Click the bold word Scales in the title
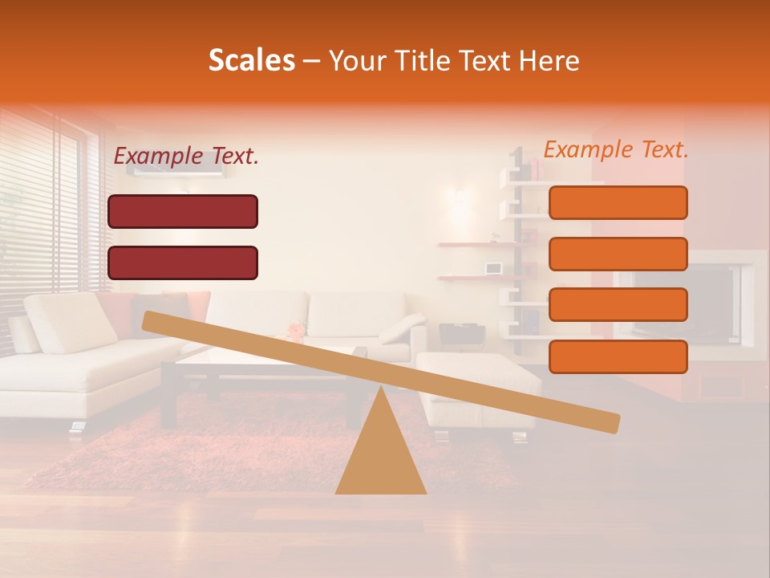point(251,60)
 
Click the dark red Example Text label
point(186,157)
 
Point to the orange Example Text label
point(616,149)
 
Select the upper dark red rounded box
point(183,211)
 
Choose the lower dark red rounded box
point(183,263)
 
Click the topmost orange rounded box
point(618,202)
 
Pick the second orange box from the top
point(618,254)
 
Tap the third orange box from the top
point(618,304)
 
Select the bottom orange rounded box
point(618,356)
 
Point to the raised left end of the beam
point(152,321)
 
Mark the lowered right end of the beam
point(610,422)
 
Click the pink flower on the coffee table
point(297,329)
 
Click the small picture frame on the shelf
point(492,267)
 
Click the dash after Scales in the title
point(312,60)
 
